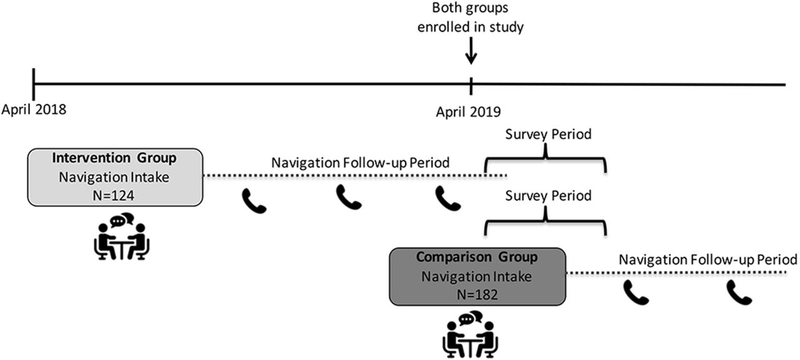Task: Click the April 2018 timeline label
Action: coord(34,109)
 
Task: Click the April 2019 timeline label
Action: coord(468,112)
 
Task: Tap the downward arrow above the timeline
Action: coord(471,51)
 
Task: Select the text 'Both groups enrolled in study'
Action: coord(471,17)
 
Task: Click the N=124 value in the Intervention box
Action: coord(114,196)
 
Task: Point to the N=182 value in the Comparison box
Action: coord(477,294)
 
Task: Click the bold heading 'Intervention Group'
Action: coord(114,158)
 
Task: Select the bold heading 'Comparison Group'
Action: coord(477,257)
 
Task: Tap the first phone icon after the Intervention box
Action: coord(254,201)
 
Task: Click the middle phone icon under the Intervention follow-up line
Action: coord(349,197)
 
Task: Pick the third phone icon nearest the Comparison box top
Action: coord(448,199)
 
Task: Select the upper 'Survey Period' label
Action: coord(548,134)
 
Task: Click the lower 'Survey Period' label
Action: coord(548,196)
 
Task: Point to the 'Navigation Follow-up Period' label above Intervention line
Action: coord(361,163)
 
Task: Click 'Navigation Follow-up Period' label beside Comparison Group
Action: coord(708,259)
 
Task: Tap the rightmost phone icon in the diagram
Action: coord(739,292)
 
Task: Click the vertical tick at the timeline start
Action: coord(34,84)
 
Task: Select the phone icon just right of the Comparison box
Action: coord(636,292)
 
